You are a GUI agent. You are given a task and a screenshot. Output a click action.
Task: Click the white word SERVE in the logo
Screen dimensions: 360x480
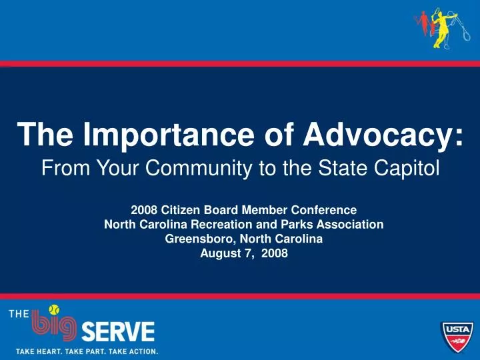117,331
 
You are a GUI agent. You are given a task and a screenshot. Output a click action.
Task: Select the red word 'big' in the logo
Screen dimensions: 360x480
55,329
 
